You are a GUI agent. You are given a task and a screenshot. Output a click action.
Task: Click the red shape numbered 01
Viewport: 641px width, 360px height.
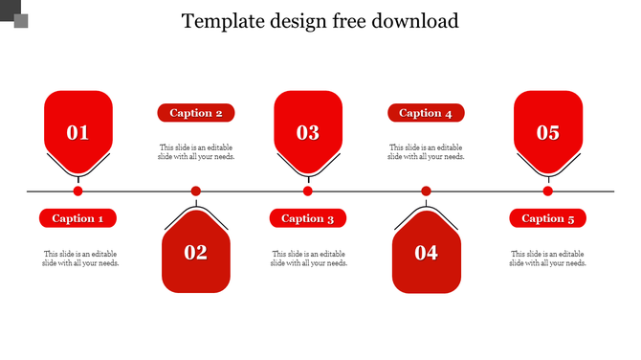pos(77,129)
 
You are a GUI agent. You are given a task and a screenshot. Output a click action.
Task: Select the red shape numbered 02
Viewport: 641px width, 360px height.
pos(196,252)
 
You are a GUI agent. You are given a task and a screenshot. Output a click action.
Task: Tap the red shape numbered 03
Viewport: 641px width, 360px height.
pos(307,129)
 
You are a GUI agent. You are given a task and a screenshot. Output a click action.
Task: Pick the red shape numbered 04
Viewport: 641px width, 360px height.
pos(426,252)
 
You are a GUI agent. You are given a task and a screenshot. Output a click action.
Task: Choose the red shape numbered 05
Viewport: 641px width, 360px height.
pos(547,129)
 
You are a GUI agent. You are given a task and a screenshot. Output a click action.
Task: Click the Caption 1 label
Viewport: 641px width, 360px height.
pos(77,218)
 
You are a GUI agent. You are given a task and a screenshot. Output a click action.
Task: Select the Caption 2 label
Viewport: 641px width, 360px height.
pos(196,113)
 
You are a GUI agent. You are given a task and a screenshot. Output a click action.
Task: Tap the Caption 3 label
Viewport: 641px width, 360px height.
pos(307,218)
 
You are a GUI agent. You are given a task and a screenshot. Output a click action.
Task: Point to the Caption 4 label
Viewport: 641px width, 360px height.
pos(426,113)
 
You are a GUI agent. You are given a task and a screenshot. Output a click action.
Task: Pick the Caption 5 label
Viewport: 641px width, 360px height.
pos(547,218)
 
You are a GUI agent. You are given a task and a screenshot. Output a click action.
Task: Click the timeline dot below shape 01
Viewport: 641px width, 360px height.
pos(77,191)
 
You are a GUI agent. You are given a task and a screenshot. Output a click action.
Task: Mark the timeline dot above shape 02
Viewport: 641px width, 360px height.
pos(196,191)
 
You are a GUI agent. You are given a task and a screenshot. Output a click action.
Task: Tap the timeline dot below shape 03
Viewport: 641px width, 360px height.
pos(307,191)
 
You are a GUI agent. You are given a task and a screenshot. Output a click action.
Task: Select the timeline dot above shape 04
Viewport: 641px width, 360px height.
pos(426,191)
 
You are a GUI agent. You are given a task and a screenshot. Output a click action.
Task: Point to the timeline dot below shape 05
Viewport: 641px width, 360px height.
pos(547,191)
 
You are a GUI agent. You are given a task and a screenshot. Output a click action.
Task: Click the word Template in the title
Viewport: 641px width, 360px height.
pos(222,21)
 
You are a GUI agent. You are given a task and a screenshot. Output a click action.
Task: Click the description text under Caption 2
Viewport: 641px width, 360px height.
pos(196,152)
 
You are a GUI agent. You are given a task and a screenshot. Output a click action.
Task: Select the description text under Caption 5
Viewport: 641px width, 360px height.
pos(547,258)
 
